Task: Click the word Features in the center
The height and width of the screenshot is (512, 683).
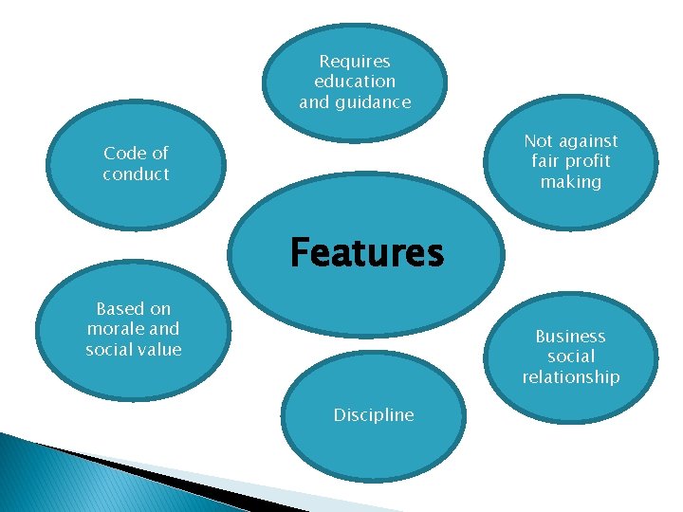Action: (x=366, y=253)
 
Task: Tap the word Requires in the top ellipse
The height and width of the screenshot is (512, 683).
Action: (x=355, y=62)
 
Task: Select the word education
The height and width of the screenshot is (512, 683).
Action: (x=355, y=82)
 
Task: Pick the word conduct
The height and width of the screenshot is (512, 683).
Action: (x=136, y=174)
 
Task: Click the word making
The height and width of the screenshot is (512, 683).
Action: (x=571, y=181)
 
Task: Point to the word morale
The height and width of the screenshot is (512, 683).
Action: (x=117, y=329)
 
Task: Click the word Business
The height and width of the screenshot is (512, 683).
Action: (x=570, y=337)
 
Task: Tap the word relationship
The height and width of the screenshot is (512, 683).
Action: (x=571, y=377)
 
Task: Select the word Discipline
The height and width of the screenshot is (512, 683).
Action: (x=374, y=415)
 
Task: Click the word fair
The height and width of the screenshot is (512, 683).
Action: (x=545, y=161)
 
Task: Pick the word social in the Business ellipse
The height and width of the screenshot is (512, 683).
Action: (x=571, y=357)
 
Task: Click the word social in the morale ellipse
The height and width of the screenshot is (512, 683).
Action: (x=108, y=349)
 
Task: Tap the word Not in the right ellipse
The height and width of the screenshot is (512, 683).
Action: (x=538, y=141)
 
